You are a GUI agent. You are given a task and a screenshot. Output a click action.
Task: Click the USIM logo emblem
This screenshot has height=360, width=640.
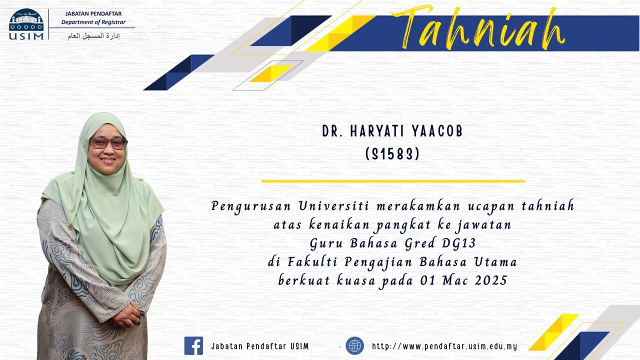tap(26, 24)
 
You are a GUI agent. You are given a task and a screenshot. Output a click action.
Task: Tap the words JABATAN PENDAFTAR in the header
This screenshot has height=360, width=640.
tap(93, 13)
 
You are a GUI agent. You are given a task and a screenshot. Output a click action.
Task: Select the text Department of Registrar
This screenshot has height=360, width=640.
tap(93, 22)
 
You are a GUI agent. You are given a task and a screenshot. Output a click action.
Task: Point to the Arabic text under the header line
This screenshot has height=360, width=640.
tap(93, 36)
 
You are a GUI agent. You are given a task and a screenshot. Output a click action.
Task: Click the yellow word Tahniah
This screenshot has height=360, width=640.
tap(477, 28)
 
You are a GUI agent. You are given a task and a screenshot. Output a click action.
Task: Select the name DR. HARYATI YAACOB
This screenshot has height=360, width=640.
tap(392, 131)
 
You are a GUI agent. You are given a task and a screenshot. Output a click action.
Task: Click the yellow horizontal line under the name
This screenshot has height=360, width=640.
tap(393, 181)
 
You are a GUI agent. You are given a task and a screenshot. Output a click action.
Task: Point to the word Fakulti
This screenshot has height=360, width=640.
tap(312, 261)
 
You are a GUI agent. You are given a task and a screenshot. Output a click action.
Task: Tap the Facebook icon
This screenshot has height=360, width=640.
tap(193, 345)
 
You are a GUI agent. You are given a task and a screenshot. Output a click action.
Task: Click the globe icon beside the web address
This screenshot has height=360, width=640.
tap(354, 345)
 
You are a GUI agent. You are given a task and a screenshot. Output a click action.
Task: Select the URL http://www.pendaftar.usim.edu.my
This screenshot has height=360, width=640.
tap(444, 346)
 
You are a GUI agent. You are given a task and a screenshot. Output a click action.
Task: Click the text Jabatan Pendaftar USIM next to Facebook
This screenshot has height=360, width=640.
tap(260, 346)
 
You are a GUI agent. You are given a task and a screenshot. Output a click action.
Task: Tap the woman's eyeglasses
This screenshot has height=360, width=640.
tap(108, 143)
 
